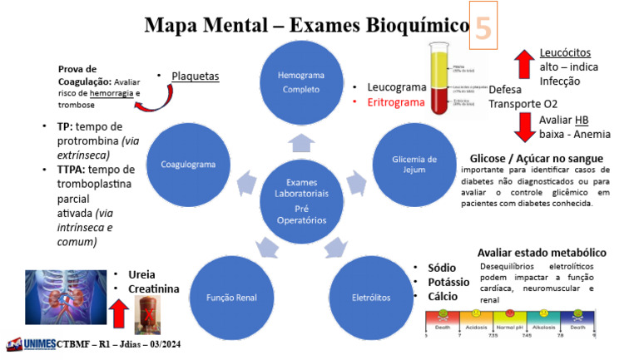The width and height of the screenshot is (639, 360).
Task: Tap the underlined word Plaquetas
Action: [x=195, y=76]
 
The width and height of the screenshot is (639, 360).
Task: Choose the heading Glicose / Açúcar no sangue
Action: [x=536, y=158]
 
